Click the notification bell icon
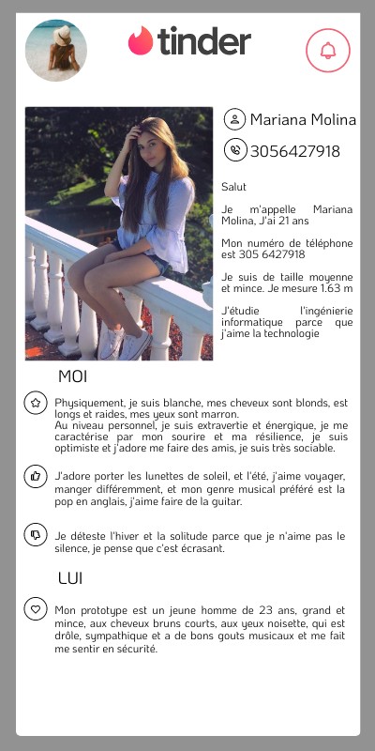(328, 51)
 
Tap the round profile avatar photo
(55, 51)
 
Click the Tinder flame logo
(141, 41)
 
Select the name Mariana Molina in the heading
(303, 120)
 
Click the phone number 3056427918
(295, 150)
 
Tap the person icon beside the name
(233, 120)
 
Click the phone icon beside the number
(233, 150)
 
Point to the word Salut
(233, 187)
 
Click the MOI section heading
(72, 377)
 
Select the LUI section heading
(70, 578)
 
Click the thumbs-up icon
(36, 477)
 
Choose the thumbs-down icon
(36, 535)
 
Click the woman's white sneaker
(133, 345)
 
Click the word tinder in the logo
(204, 41)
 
